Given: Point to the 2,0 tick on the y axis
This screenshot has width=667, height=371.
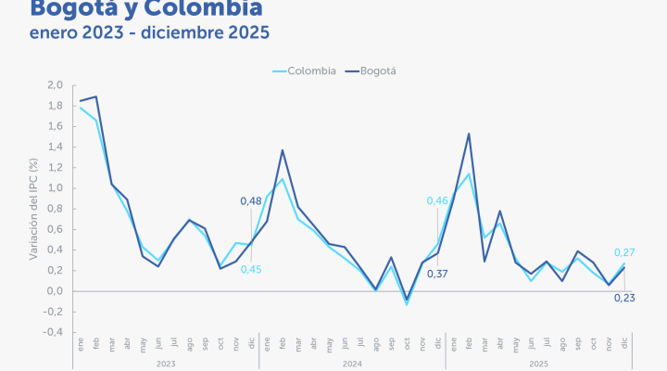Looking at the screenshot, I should click(55, 85).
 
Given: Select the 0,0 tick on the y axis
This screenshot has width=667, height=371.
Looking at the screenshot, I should click(55, 291).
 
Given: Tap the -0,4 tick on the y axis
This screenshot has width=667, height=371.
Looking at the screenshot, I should click(53, 332).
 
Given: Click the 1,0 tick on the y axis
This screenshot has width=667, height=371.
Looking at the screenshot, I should click(55, 188).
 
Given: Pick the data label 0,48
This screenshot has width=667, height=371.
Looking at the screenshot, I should click(251, 201).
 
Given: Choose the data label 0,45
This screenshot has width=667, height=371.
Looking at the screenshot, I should click(251, 270).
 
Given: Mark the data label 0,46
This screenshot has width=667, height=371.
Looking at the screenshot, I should click(436, 201).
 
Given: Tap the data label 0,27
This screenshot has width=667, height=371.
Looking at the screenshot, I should click(624, 252).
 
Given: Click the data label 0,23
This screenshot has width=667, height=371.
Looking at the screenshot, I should click(624, 298).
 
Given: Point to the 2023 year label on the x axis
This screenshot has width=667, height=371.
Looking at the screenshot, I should click(166, 364).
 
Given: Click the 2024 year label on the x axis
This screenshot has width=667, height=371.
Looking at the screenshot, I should click(352, 364).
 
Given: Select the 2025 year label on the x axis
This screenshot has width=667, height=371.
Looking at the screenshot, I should click(538, 364).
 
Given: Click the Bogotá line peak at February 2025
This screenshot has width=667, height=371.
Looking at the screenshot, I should click(469, 134).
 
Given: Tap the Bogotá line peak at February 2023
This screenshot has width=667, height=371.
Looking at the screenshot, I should click(96, 96).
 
